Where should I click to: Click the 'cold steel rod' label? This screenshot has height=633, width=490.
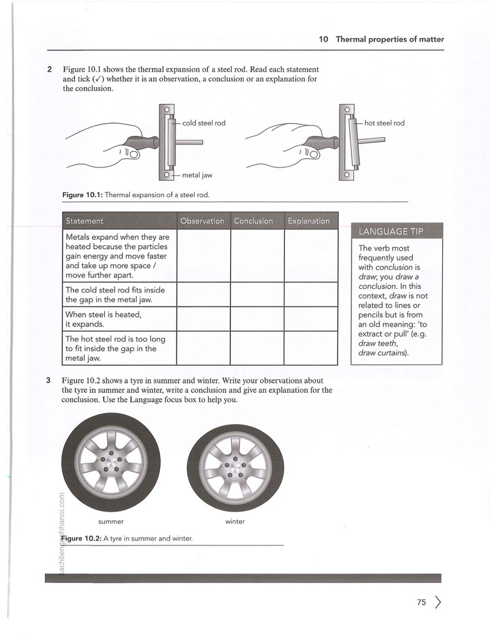pyautogui.click(x=204, y=123)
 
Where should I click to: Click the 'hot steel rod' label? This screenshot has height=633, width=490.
pyautogui.click(x=384, y=123)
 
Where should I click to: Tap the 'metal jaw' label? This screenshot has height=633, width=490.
pyautogui.click(x=197, y=175)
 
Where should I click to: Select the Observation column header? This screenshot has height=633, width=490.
pyautogui.click(x=202, y=221)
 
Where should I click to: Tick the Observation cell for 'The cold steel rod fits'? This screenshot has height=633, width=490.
pyautogui.click(x=203, y=295)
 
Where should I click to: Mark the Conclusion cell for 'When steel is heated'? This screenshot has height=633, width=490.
pyautogui.click(x=257, y=319)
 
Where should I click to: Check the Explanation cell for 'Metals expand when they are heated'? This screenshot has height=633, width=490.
pyautogui.click(x=311, y=256)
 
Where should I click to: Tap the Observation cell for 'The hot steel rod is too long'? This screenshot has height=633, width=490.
pyautogui.click(x=203, y=348)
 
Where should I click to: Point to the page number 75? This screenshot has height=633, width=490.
pyautogui.click(x=421, y=602)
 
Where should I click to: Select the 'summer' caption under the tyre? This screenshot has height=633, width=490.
pyautogui.click(x=111, y=521)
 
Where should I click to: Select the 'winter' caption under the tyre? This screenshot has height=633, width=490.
pyautogui.click(x=235, y=521)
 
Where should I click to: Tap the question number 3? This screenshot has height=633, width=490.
pyautogui.click(x=48, y=381)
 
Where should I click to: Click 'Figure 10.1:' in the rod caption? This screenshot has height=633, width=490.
pyautogui.click(x=83, y=195)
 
